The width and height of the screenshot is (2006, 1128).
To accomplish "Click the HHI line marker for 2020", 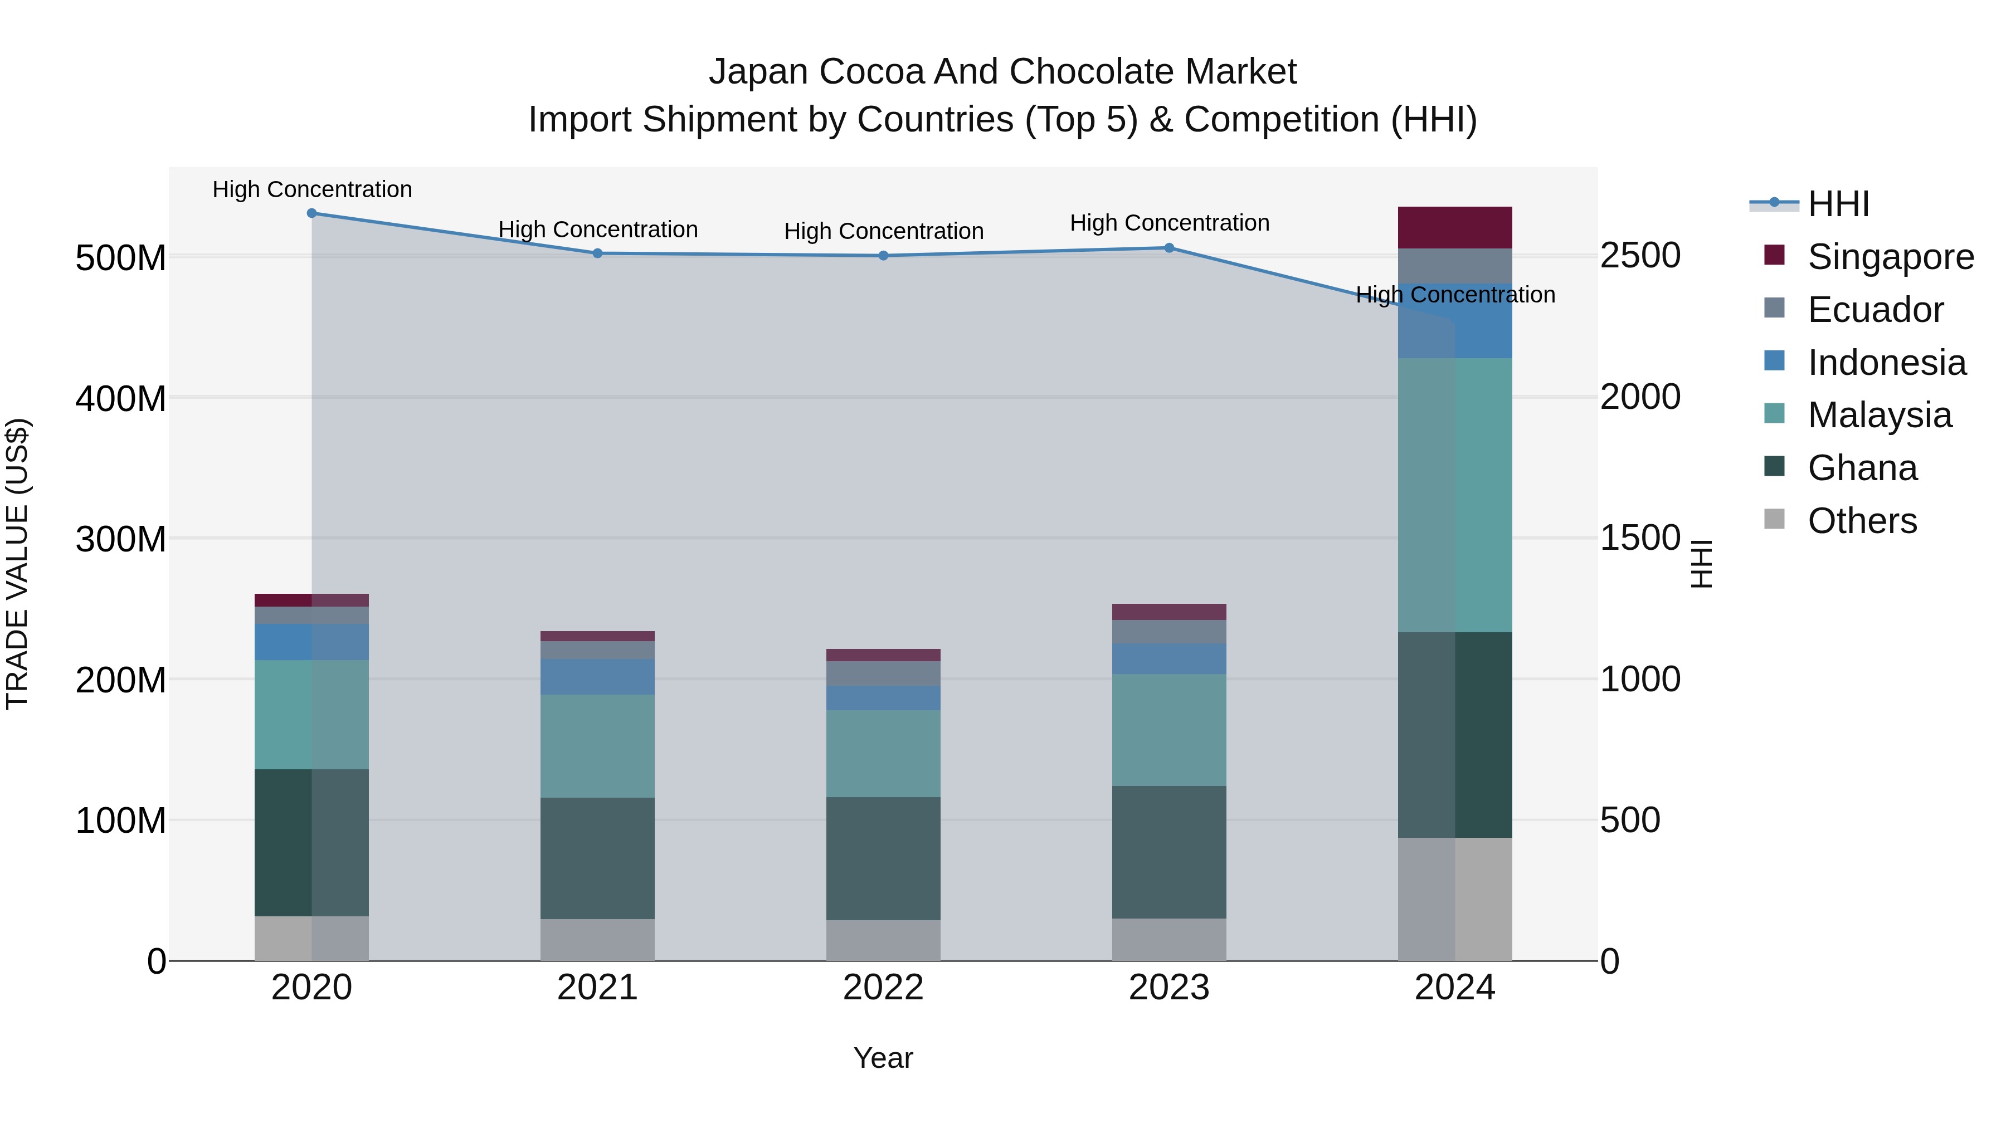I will (311, 213).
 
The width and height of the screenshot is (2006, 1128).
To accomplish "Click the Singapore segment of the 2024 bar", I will (1455, 227).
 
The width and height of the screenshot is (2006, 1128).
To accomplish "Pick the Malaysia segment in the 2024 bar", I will (1455, 495).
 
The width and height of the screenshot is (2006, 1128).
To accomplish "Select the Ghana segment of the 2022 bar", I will (883, 858).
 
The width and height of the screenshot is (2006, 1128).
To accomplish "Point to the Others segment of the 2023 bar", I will (1169, 940).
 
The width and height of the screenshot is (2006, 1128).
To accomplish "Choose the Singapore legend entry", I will (1890, 257).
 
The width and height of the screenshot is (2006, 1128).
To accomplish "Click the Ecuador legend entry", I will (1874, 310).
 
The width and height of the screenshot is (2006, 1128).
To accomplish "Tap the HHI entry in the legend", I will (1838, 204).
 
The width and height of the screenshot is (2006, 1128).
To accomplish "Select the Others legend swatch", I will (1774, 519).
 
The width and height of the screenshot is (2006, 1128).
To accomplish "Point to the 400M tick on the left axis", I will (121, 399).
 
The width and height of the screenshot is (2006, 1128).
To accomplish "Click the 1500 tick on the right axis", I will (1640, 538).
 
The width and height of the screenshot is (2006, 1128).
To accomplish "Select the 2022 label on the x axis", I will (883, 988).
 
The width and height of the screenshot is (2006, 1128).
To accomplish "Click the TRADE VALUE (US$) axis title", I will (17, 564).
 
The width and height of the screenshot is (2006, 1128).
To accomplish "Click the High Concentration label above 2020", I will (312, 190).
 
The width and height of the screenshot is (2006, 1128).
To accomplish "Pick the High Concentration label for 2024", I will (1455, 295).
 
